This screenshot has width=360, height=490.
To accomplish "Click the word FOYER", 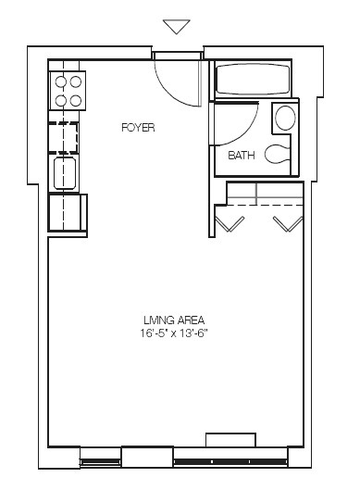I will (x=137, y=127).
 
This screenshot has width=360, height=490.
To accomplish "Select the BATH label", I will (x=242, y=156).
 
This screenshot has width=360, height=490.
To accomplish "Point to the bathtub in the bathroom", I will (x=253, y=81).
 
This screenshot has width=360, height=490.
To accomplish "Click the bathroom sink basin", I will (x=285, y=119).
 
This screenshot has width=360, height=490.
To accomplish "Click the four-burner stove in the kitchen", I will (x=68, y=91).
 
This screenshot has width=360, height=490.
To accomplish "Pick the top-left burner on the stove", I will (x=59, y=82).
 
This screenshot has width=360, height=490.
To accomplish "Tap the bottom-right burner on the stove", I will (x=75, y=99).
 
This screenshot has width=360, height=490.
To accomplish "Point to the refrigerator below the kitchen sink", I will (x=67, y=213).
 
